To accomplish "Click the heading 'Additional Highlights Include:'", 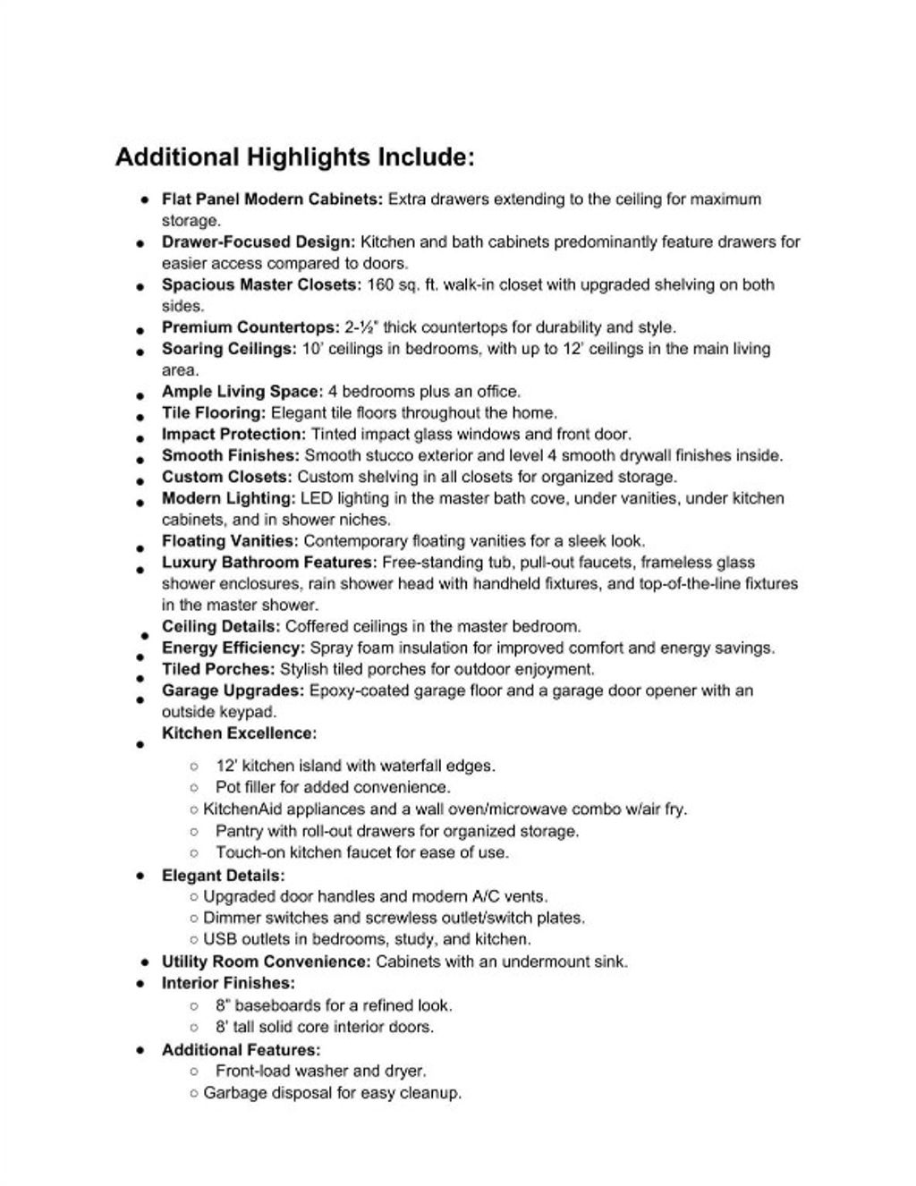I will point(294,158).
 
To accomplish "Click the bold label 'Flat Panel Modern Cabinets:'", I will point(272,199).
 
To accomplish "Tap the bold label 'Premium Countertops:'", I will point(250,327).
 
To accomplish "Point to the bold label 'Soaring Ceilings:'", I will point(228,349).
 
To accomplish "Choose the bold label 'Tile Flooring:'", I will point(214,413).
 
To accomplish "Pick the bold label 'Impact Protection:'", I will point(233,435).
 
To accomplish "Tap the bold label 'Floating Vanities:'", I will point(229,541).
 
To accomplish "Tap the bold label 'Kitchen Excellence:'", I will point(239,733).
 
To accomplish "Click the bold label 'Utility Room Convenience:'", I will point(266,962).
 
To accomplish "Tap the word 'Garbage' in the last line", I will point(233,1093).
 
